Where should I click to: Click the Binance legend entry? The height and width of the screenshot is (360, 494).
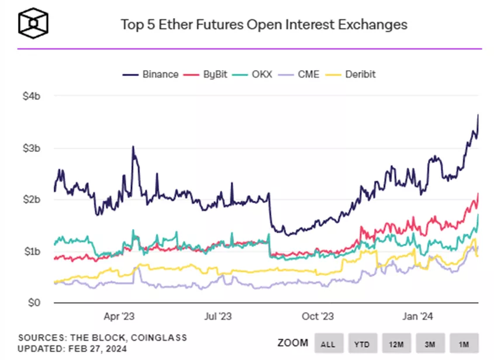[151, 74]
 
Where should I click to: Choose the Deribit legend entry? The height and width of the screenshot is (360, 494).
[352, 74]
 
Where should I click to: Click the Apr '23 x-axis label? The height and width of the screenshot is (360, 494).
[119, 316]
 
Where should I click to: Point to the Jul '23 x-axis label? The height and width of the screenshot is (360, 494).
[217, 316]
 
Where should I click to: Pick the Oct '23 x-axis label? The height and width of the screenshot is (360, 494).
[318, 316]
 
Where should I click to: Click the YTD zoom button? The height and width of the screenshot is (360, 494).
[363, 342]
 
